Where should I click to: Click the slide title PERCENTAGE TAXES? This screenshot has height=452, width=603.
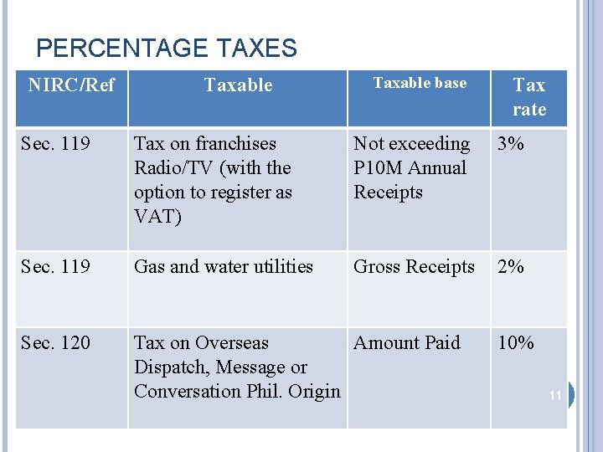tap(167, 48)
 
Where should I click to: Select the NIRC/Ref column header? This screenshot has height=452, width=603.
tap(71, 85)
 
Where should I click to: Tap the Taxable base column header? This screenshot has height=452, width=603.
tap(420, 83)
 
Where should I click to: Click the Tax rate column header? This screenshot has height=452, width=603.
tap(528, 97)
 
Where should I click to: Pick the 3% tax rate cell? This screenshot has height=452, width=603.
tap(510, 144)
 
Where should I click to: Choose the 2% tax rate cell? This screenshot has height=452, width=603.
tap(510, 267)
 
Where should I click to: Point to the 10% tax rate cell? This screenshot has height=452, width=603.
tap(515, 343)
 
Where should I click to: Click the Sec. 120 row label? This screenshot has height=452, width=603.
tap(55, 343)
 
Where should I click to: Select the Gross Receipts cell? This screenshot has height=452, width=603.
tap(414, 267)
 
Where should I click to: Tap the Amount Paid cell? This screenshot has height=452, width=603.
tap(407, 343)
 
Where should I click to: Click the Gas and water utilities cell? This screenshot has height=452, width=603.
tap(224, 267)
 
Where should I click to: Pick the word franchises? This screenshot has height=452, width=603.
tap(235, 144)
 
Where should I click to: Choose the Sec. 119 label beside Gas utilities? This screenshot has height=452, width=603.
tap(55, 267)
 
